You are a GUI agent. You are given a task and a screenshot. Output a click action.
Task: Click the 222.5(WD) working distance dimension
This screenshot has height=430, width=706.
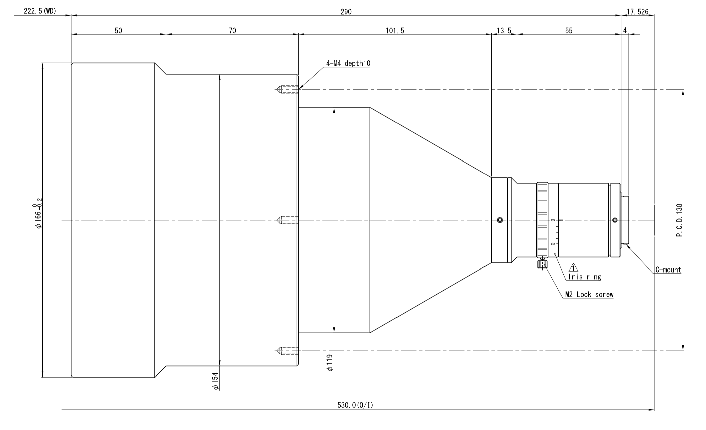(40, 11)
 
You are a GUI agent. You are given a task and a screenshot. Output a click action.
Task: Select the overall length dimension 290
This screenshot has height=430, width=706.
(346, 12)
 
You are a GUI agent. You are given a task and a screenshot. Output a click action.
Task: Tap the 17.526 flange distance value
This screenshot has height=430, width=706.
(637, 12)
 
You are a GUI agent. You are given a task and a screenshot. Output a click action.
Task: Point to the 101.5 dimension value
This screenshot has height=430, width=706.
(395, 31)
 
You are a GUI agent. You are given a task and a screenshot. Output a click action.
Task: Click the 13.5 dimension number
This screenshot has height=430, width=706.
(504, 31)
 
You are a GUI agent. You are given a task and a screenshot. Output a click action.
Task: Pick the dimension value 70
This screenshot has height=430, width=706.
(232, 31)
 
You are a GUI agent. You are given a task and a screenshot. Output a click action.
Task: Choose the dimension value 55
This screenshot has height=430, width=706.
(569, 31)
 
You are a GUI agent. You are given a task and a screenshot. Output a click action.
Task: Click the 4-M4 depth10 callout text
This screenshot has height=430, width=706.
(348, 63)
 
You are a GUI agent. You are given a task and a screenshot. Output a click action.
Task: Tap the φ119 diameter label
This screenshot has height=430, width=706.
(330, 363)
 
